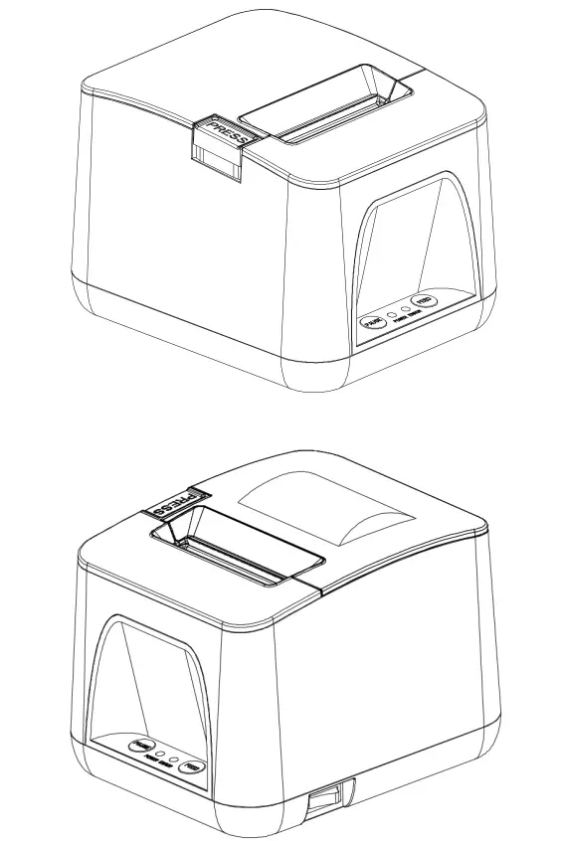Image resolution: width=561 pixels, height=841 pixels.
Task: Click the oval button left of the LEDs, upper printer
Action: (373, 321)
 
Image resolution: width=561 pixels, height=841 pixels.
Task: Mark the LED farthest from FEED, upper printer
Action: (392, 315)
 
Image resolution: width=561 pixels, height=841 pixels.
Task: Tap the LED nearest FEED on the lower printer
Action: (175, 762)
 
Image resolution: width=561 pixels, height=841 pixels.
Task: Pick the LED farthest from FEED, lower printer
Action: (161, 757)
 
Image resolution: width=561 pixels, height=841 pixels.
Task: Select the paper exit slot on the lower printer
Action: (239, 562)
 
